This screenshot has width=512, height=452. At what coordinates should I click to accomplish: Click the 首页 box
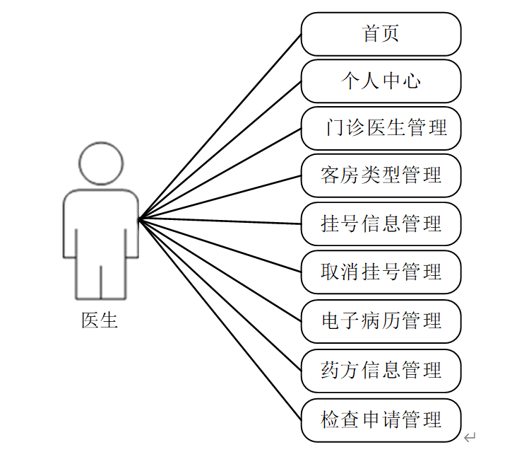pyautogui.click(x=381, y=34)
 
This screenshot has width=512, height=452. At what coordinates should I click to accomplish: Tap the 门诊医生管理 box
pyautogui.click(x=381, y=129)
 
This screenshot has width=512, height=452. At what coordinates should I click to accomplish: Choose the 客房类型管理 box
pyautogui.click(x=381, y=175)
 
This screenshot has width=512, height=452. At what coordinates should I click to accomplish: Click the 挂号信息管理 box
pyautogui.click(x=381, y=224)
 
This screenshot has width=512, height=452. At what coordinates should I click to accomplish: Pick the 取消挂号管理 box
pyautogui.click(x=381, y=272)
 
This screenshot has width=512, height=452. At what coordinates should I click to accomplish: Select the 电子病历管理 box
pyautogui.click(x=381, y=321)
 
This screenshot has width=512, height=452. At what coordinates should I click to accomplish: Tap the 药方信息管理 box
pyautogui.click(x=381, y=370)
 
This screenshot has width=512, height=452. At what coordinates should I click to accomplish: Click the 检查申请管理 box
pyautogui.click(x=381, y=419)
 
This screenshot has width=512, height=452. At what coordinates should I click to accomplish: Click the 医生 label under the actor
pyautogui.click(x=100, y=320)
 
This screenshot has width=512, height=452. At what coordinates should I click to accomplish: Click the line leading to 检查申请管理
pyautogui.click(x=220, y=320)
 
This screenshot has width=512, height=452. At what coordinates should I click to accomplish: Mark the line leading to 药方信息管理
pyautogui.click(x=220, y=295)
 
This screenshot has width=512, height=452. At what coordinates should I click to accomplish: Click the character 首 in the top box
pyautogui.click(x=371, y=34)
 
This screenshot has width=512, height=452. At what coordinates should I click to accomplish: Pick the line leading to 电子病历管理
pyautogui.click(x=220, y=270)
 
